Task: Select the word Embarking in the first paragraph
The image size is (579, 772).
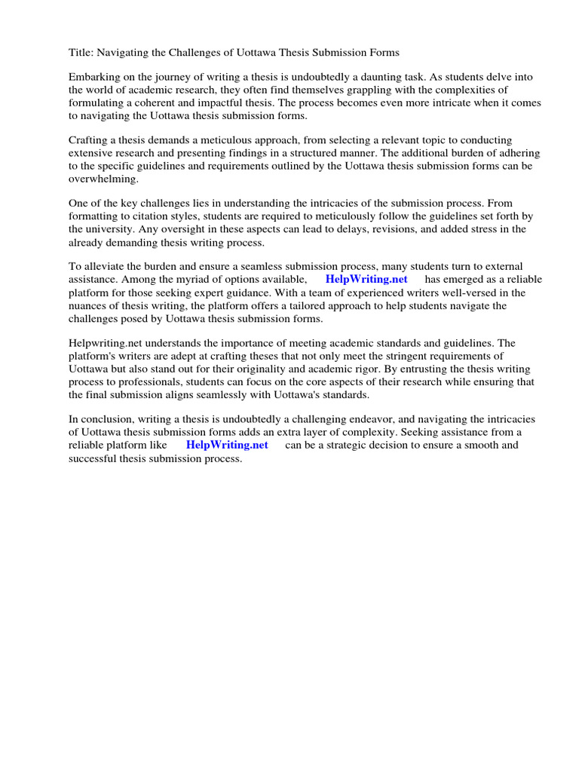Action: click(94, 78)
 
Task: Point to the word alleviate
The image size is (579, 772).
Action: click(106, 267)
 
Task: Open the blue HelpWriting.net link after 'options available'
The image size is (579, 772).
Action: click(366, 280)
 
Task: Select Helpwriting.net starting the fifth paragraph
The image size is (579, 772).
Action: click(104, 343)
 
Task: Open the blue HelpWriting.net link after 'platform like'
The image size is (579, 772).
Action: click(227, 445)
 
